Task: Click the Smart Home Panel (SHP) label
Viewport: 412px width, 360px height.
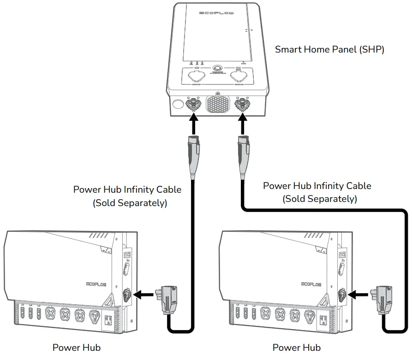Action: click(329, 49)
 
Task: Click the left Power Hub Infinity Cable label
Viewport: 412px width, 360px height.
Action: click(127, 196)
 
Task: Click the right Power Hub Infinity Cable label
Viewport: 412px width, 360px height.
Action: click(317, 192)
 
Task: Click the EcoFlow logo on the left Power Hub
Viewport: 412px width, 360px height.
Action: click(96, 284)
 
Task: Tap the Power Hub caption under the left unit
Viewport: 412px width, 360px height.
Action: click(77, 348)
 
